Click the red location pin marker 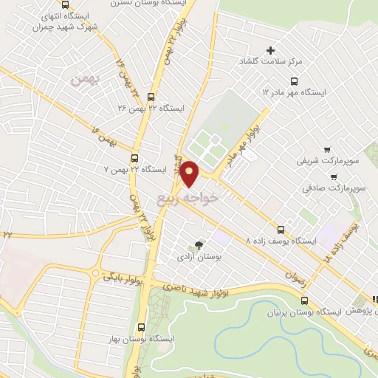(190, 174)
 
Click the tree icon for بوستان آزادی (197, 245)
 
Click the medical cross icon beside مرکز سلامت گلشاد (270, 51)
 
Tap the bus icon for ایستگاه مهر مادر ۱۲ (293, 81)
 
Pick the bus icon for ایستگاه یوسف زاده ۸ (280, 228)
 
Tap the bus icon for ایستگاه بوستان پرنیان (305, 300)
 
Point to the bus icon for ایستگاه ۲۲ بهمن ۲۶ (151, 97)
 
